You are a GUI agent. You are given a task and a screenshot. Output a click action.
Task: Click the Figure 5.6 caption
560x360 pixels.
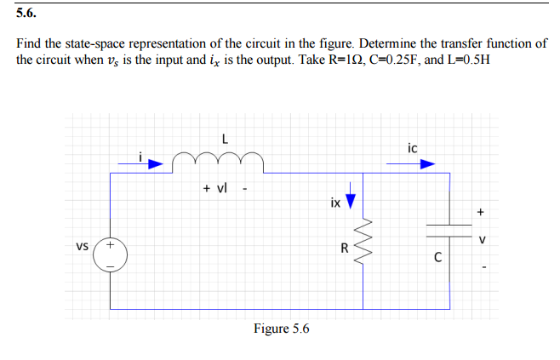coord(281,329)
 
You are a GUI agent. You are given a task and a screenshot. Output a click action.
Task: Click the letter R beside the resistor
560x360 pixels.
coord(344,249)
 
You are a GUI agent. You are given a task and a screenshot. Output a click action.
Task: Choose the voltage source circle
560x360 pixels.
coord(110,254)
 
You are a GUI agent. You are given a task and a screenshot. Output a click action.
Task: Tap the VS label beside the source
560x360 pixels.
coord(82,248)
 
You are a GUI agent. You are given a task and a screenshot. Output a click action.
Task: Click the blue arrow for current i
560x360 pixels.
coord(150,166)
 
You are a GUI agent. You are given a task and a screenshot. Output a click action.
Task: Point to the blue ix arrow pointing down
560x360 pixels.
coord(347,201)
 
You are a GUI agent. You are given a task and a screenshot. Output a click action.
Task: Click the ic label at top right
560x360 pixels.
coord(413,149)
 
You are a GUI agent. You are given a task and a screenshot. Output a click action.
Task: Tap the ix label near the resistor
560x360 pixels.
coord(334,203)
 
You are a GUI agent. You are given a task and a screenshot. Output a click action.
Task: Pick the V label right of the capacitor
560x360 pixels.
coord(482,241)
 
